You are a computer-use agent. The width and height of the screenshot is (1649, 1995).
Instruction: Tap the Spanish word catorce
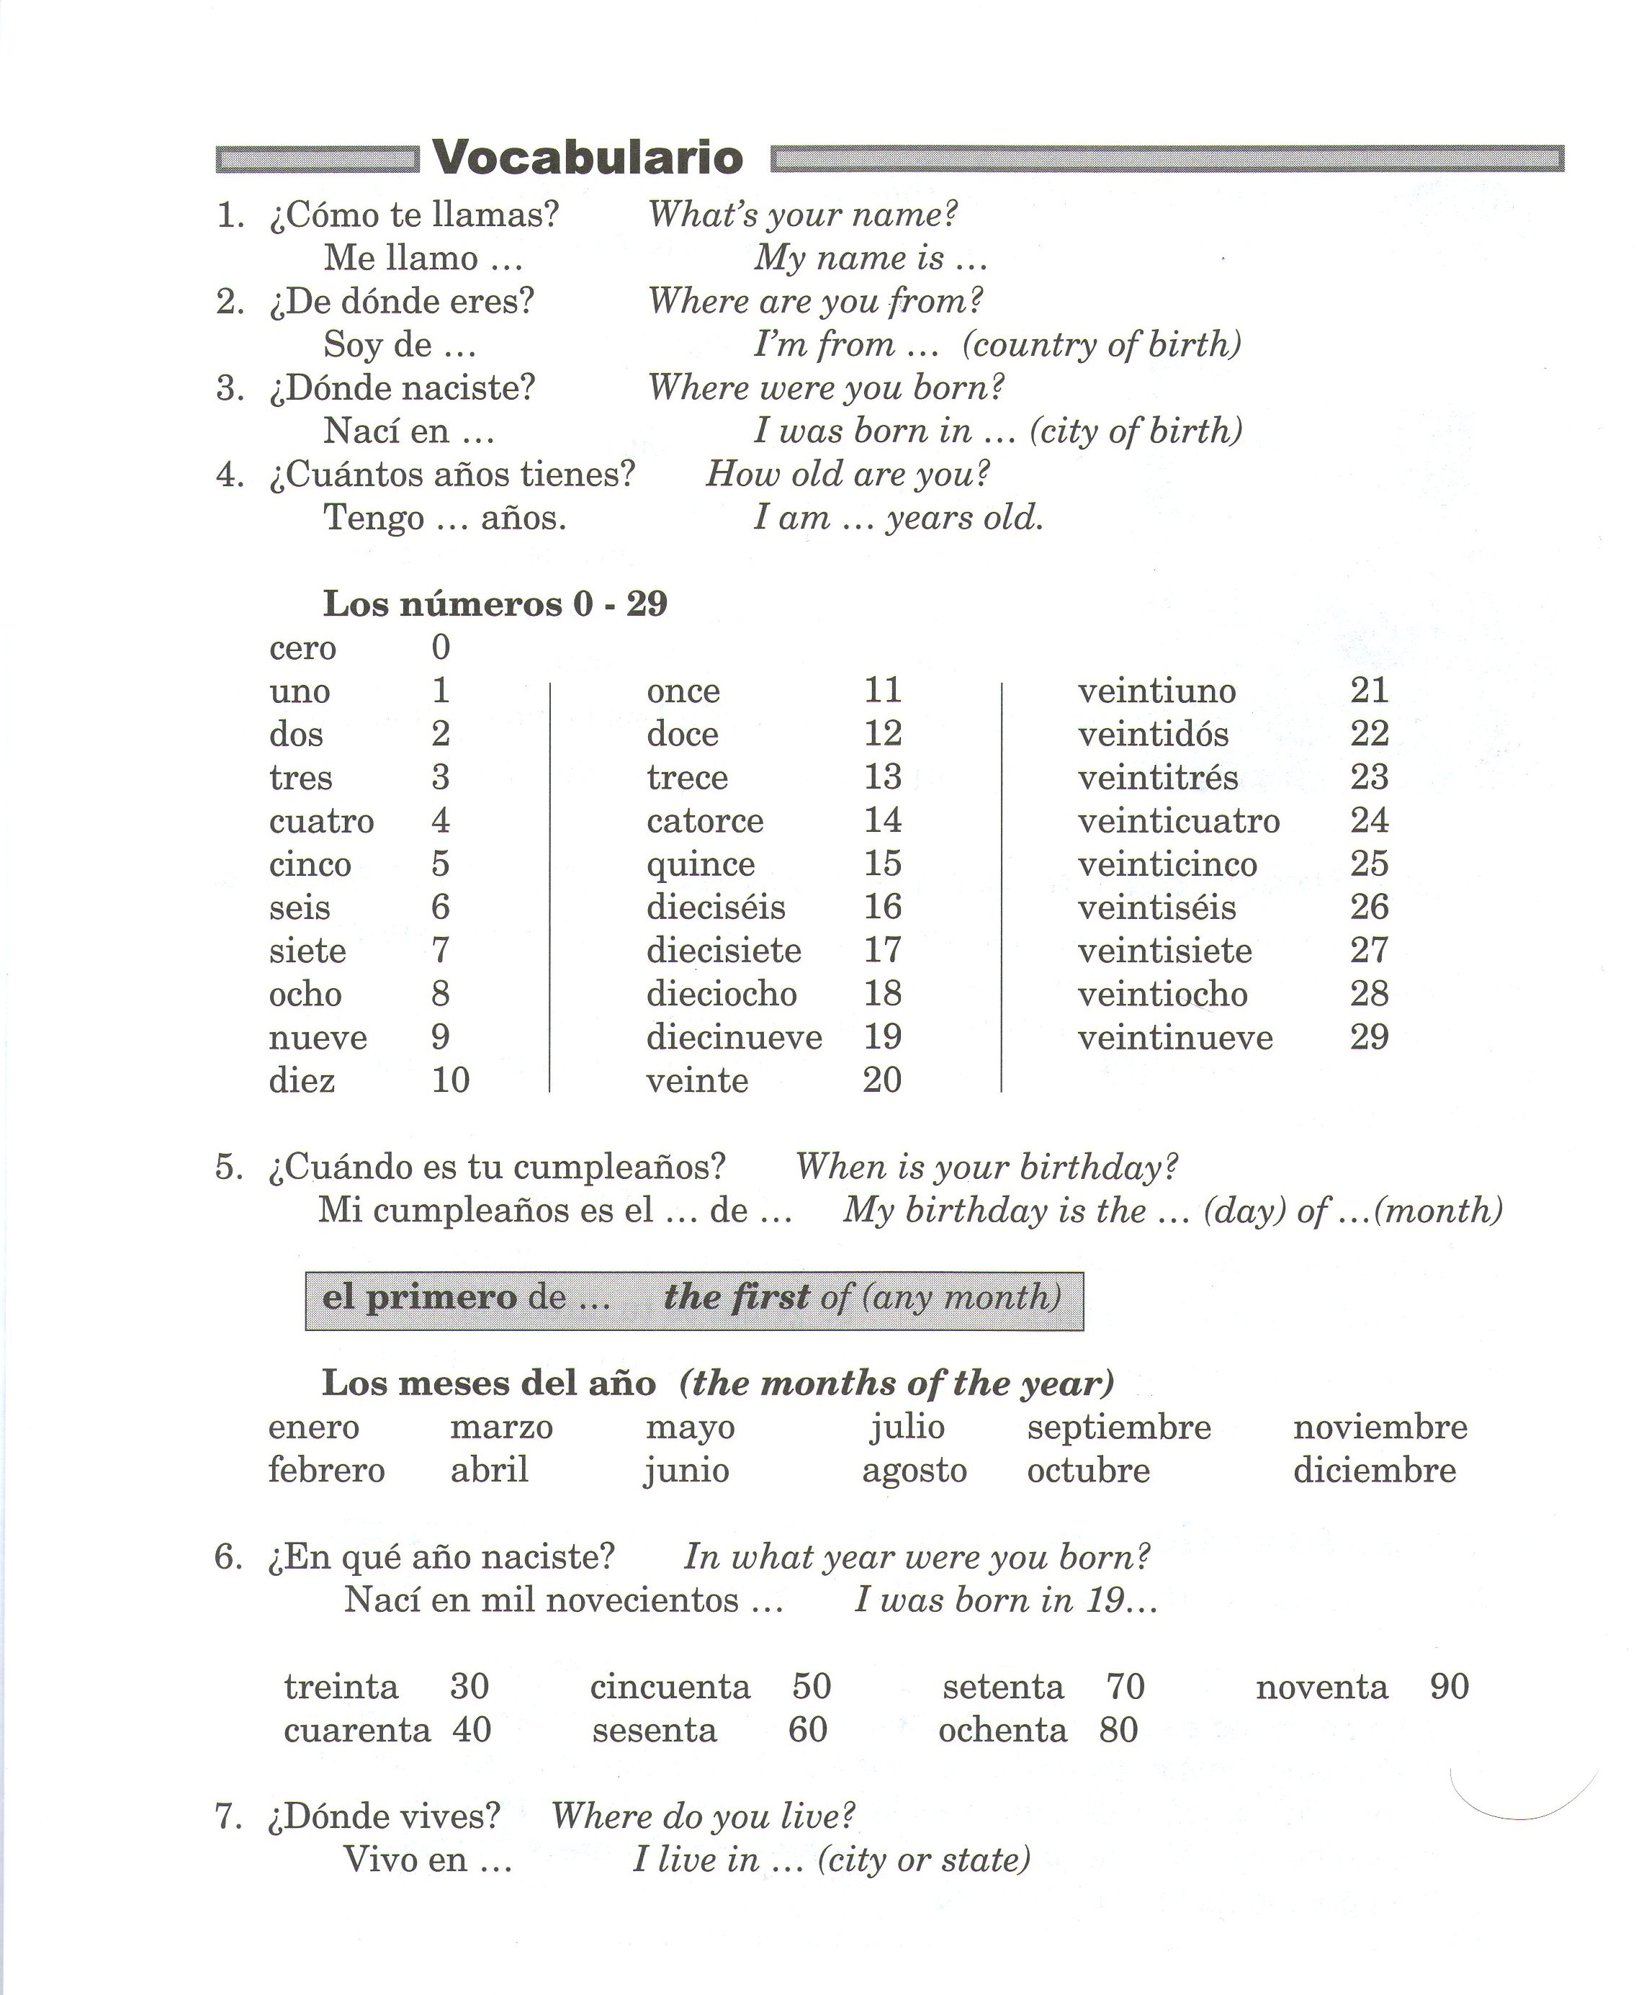coord(705,821)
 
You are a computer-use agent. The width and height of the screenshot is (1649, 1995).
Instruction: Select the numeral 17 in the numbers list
coord(881,950)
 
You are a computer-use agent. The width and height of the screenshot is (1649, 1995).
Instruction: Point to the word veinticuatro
coord(1179,821)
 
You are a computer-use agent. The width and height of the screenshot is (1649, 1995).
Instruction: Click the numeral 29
coord(1369,1036)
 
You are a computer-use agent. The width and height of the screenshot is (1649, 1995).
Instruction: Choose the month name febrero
coord(327,1471)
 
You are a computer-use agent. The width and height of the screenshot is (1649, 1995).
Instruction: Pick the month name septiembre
coord(1119,1427)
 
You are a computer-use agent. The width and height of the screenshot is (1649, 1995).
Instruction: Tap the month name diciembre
coord(1375,1471)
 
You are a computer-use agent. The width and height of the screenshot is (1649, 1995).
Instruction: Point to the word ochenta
coord(1002,1731)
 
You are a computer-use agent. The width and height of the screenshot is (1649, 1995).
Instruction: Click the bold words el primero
coord(420,1298)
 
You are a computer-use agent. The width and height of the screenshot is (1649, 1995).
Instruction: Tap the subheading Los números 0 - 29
coord(495,604)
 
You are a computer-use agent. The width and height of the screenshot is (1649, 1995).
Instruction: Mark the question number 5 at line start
coord(229,1167)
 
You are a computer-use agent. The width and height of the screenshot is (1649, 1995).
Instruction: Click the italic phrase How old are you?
coord(848,474)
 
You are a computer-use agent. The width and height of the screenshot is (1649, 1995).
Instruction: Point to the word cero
coord(303,648)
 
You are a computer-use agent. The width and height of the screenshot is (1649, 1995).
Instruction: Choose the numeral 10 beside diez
coord(450,1080)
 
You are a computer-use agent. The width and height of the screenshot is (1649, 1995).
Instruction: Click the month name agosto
coord(914,1471)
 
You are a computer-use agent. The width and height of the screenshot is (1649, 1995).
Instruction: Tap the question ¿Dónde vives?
coord(384,1817)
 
